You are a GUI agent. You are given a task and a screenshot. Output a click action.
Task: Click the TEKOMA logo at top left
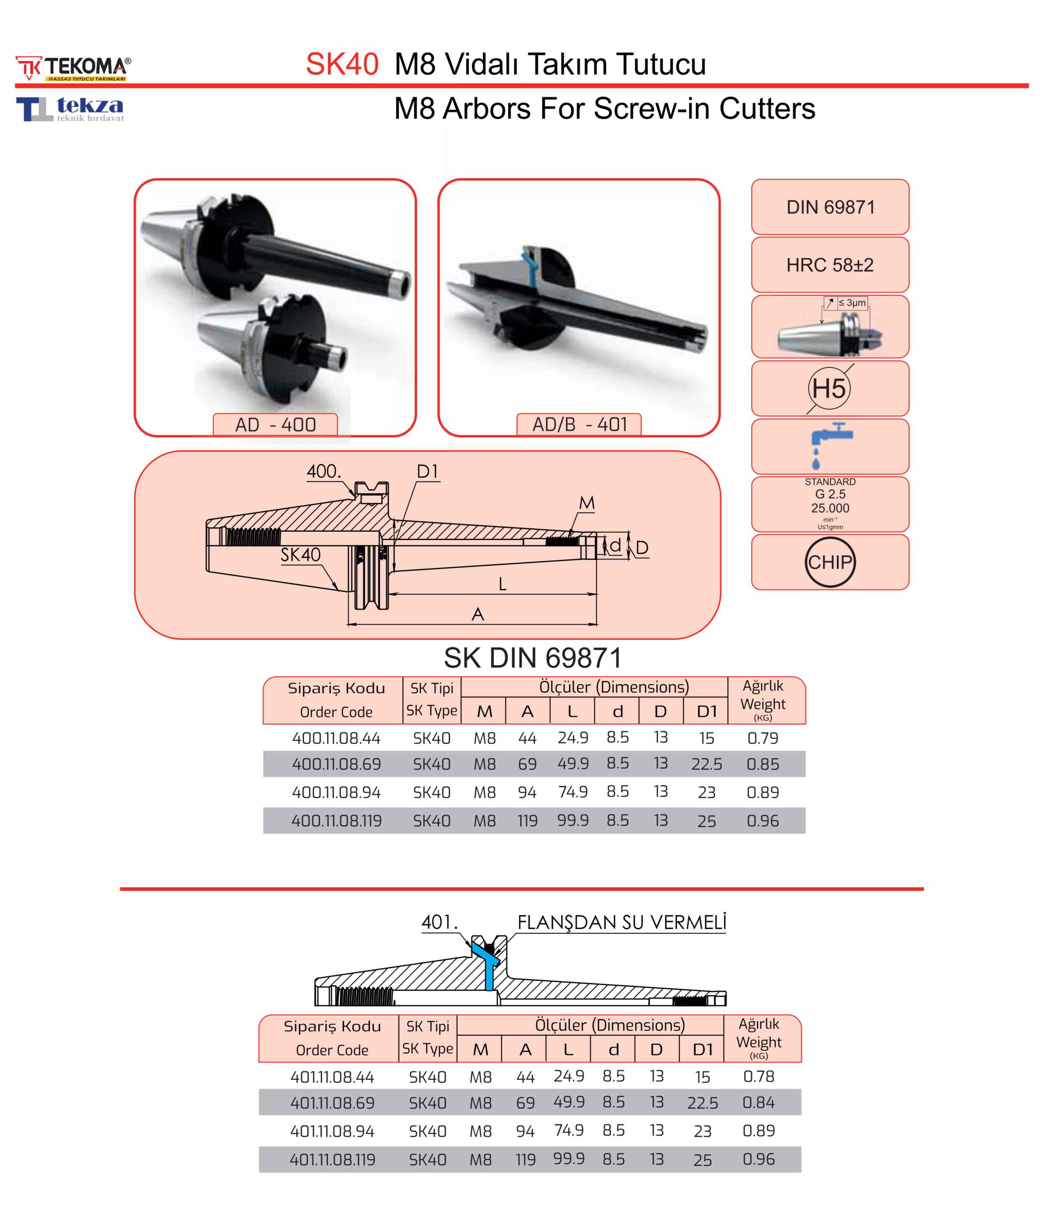click(x=73, y=67)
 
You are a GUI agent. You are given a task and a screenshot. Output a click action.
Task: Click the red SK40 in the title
click(x=342, y=64)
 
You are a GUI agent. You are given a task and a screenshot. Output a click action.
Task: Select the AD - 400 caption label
click(x=275, y=424)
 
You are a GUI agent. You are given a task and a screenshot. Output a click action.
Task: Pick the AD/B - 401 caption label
click(x=579, y=424)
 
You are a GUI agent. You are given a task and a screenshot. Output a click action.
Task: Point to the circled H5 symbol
click(x=829, y=389)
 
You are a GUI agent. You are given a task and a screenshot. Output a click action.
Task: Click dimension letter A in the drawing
click(x=478, y=614)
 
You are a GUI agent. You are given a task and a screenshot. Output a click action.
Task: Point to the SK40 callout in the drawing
click(x=300, y=554)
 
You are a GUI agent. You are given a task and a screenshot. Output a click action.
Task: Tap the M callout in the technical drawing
click(x=586, y=503)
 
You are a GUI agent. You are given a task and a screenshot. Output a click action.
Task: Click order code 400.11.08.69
click(x=336, y=764)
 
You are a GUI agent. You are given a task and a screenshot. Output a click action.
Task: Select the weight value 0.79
click(x=763, y=738)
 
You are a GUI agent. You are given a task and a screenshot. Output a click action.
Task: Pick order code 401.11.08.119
click(x=332, y=1159)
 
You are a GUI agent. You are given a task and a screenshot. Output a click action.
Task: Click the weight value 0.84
click(x=759, y=1102)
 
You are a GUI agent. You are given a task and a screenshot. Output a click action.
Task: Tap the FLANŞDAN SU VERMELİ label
click(x=621, y=922)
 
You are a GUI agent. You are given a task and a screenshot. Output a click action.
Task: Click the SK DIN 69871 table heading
click(x=533, y=658)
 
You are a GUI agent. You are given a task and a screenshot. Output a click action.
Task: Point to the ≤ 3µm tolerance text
click(x=852, y=303)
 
